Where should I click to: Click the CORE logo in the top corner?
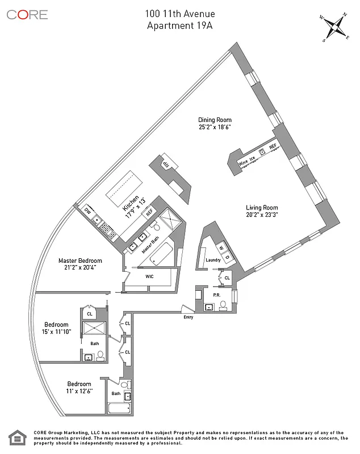point(27,15)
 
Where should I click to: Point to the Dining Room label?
point(215,120)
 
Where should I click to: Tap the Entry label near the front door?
point(189,317)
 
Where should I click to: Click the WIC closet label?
point(149,276)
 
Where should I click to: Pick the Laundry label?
point(213,260)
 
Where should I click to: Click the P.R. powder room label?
point(216,296)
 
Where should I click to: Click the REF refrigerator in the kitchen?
point(149,212)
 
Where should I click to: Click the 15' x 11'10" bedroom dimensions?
point(57,332)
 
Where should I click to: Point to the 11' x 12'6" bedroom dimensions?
point(79,392)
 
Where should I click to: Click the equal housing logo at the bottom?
point(18,438)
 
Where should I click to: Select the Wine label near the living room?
point(243,162)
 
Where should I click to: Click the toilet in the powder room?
point(223,305)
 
